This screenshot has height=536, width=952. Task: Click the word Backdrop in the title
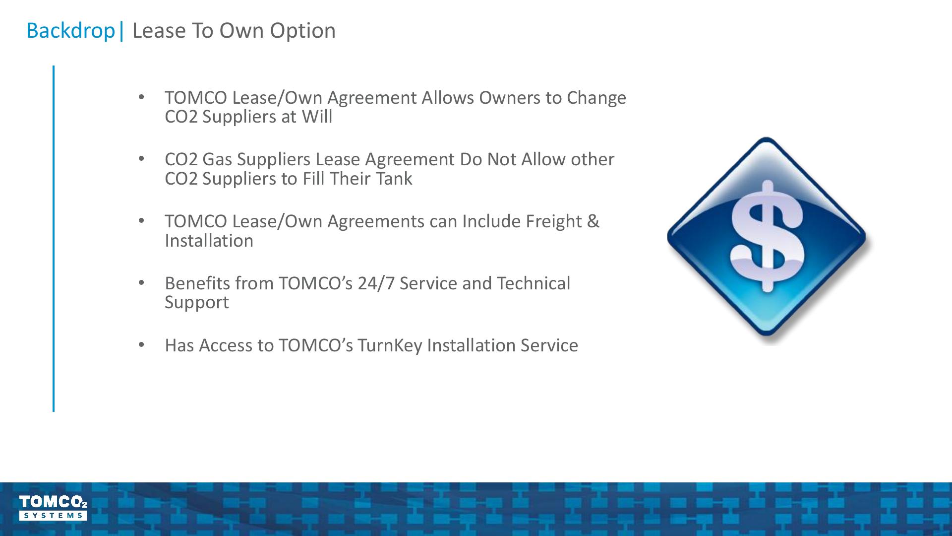[70, 30]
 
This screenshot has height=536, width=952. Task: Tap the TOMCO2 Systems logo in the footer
[53, 507]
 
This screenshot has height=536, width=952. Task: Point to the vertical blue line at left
[54, 239]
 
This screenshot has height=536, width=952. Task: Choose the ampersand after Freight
[593, 221]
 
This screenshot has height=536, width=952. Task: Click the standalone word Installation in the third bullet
[209, 241]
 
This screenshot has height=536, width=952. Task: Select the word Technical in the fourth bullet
[534, 283]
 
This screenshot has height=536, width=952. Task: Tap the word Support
[197, 303]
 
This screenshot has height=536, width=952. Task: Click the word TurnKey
[390, 345]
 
